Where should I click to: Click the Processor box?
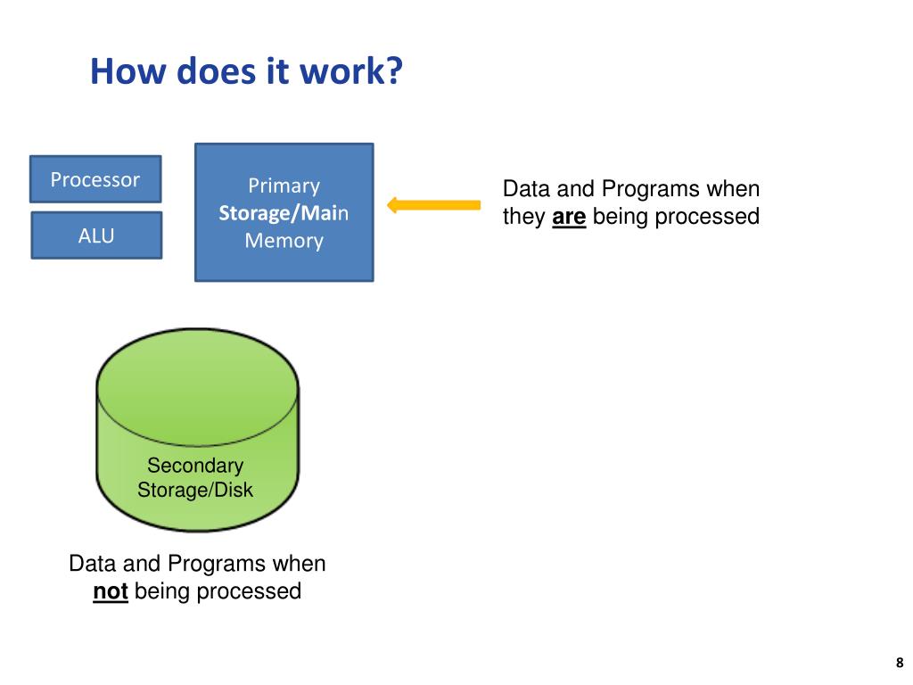[95, 178]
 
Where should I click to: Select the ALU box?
[96, 235]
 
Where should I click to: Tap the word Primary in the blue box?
[284, 186]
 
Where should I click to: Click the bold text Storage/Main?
[284, 212]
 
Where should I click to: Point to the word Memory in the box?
[284, 240]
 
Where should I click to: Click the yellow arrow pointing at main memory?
[434, 205]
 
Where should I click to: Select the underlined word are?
[569, 217]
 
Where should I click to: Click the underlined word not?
[111, 591]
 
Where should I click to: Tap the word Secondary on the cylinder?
[195, 465]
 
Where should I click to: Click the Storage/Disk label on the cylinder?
[195, 490]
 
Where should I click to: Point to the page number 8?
[900, 663]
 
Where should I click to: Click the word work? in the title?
[351, 71]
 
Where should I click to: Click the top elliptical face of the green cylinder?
[197, 387]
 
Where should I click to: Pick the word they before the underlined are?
[524, 217]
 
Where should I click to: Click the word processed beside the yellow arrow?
[707, 217]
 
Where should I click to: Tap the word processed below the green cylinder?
[249, 591]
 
